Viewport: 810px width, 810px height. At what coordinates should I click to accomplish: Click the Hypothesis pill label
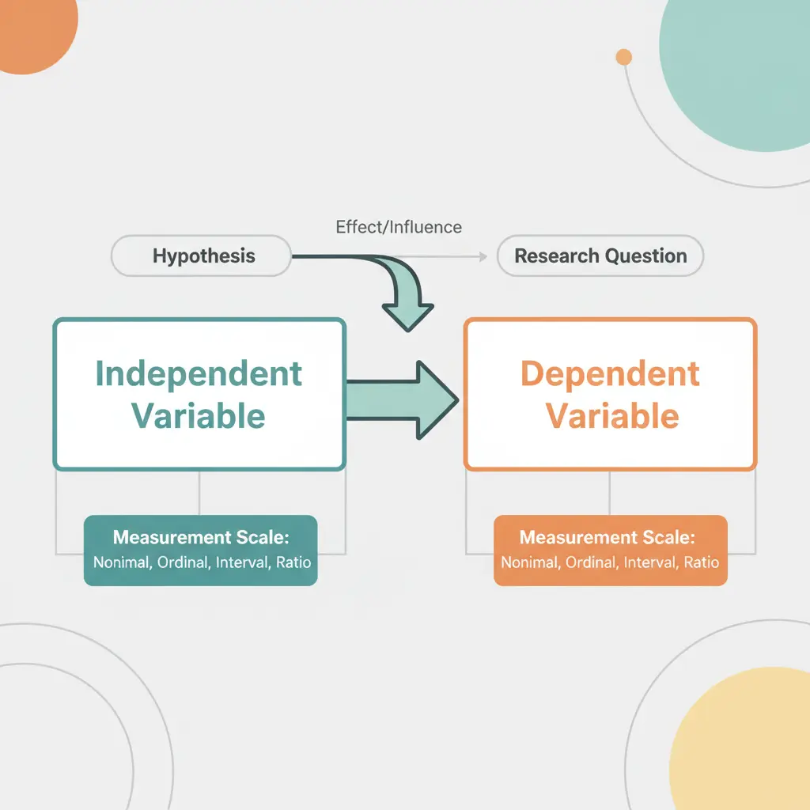coord(203,256)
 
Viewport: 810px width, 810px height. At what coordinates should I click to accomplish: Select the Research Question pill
coord(600,256)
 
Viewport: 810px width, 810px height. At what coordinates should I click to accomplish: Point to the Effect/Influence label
coord(399,227)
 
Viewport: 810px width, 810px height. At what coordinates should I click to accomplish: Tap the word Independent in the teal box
coord(199,374)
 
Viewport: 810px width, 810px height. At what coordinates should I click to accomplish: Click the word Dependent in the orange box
coord(610,374)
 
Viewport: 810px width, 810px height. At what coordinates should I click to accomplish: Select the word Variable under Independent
coord(199,416)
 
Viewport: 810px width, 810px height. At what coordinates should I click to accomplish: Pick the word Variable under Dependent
coord(612,416)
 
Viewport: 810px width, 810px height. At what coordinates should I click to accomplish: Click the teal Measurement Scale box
coord(201,551)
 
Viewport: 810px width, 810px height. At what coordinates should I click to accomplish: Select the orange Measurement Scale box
coord(610,551)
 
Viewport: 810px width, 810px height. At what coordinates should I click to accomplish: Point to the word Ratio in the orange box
coord(702,563)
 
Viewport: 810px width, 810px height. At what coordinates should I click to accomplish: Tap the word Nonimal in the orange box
coord(528,563)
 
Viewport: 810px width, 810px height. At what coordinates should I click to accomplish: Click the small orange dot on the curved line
coord(624,57)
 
